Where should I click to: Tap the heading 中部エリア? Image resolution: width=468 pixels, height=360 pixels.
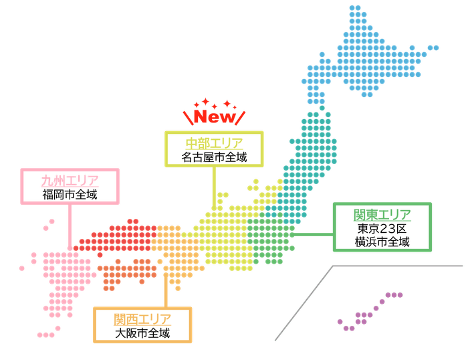215,143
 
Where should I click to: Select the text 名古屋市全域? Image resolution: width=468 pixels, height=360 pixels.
215,159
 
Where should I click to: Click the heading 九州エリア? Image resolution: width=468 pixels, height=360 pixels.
70,179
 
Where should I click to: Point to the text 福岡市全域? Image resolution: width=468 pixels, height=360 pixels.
70,195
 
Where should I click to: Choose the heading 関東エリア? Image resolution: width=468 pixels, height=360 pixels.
382,215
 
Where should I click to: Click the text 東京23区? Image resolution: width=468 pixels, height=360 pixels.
382,229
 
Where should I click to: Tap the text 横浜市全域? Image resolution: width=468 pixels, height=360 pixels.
382,242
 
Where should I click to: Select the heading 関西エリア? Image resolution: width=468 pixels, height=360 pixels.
142,318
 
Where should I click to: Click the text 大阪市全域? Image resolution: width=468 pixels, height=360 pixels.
142,333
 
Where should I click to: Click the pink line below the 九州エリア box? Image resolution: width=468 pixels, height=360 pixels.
70,228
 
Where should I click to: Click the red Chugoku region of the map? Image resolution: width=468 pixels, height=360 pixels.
120,234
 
